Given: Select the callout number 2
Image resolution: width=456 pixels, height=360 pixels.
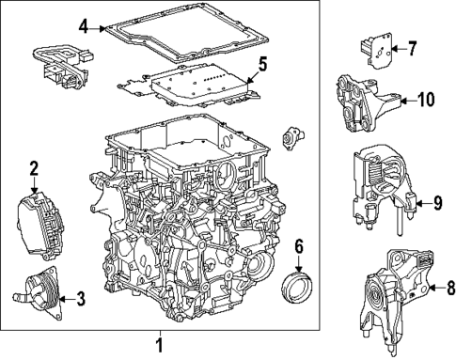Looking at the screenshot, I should (34, 169).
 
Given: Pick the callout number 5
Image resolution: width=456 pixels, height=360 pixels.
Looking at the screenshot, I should (263, 64).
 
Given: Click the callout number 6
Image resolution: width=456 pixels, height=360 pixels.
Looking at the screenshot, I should (299, 246).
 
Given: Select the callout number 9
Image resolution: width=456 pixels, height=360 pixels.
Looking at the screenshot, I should (436, 202).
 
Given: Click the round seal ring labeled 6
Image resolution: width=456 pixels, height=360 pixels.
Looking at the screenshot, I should (299, 283).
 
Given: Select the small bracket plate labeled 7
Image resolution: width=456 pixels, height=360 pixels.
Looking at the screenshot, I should (376, 52).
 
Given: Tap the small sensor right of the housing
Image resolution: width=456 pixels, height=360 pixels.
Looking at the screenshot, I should (294, 134).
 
